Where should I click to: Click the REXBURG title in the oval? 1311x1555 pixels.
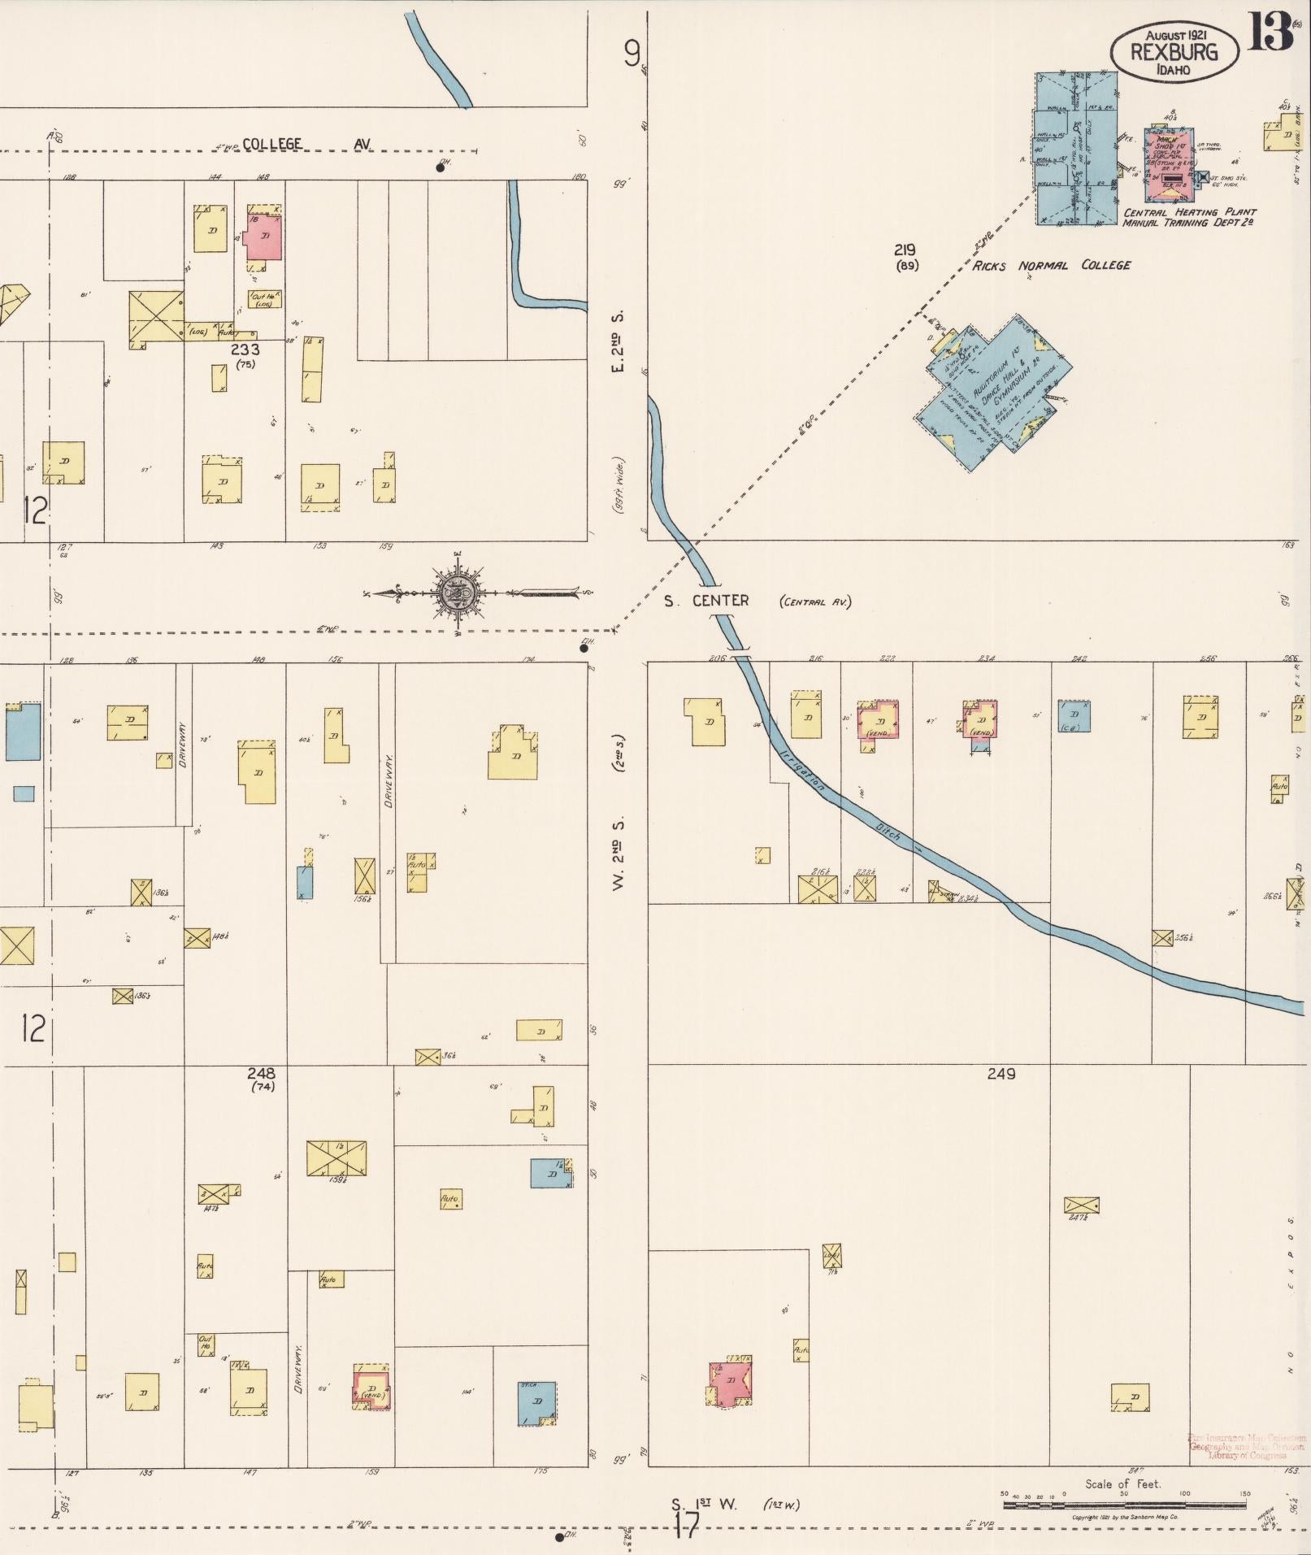[1174, 52]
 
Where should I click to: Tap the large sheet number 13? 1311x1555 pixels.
[1270, 33]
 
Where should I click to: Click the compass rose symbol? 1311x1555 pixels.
[457, 593]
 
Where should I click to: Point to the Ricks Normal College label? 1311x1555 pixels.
[1051, 266]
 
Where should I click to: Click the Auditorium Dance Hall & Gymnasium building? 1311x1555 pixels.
[993, 392]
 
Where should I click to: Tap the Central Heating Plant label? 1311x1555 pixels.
[1189, 213]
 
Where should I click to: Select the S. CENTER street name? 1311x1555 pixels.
[705, 601]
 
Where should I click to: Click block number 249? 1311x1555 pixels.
[1001, 1074]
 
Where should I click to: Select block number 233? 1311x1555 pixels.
[245, 350]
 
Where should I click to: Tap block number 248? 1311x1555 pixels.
[261, 1074]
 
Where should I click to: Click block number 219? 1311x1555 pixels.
[905, 250]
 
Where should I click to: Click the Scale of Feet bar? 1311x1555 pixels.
[1124, 1505]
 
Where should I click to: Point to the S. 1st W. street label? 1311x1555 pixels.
[704, 1504]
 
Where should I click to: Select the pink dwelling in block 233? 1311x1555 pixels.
[264, 237]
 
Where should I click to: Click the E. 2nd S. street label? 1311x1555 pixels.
[619, 341]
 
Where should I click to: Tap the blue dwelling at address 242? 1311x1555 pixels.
[1074, 716]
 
